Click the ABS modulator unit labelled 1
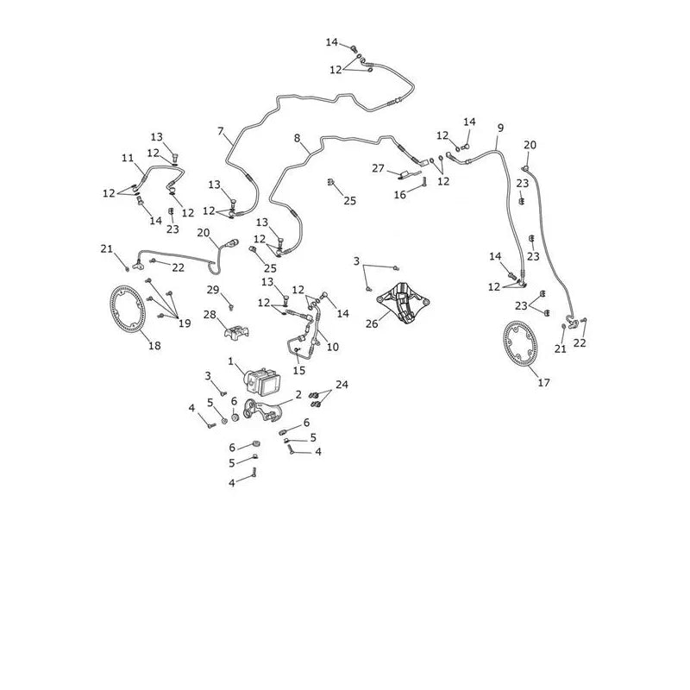(263, 381)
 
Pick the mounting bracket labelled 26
(403, 304)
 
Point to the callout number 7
(221, 131)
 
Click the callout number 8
(297, 138)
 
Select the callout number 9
(500, 128)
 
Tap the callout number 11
(128, 158)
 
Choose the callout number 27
(378, 168)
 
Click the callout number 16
(399, 195)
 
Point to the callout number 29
(213, 290)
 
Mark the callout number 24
(342, 385)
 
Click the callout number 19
(185, 323)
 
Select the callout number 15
(298, 371)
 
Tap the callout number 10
(333, 347)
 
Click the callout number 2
(298, 394)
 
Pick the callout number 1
(230, 361)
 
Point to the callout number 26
(372, 324)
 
